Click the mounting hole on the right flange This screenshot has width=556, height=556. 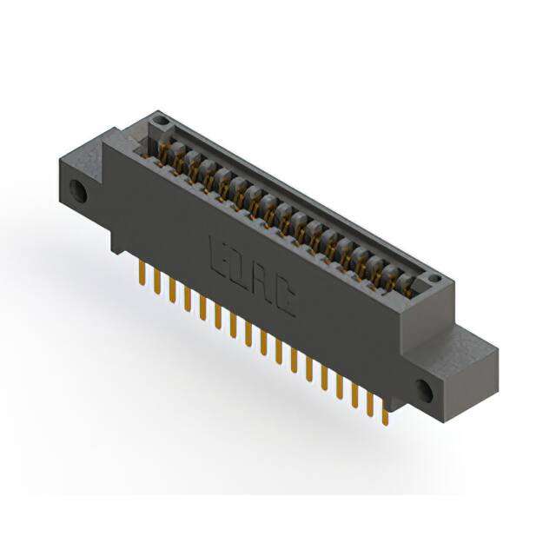pyautogui.click(x=425, y=389)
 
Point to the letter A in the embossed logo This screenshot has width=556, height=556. pyautogui.click(x=263, y=282)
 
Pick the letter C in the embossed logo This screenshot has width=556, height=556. pyautogui.click(x=285, y=300)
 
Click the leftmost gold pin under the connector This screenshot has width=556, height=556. pyautogui.click(x=142, y=275)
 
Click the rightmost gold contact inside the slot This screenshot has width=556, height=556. pyautogui.click(x=408, y=283)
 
